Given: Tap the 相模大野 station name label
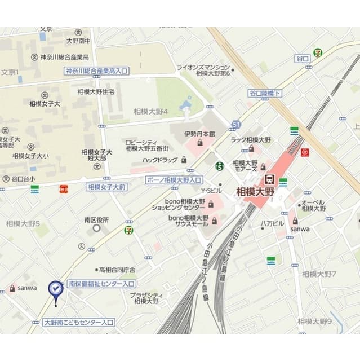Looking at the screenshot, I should (x=255, y=191).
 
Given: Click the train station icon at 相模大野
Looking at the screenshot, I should (x=269, y=178).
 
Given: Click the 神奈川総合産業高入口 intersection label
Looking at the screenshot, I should (x=97, y=71).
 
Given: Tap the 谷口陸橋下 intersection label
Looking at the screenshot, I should (x=265, y=93).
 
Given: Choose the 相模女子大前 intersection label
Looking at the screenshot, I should (x=106, y=187).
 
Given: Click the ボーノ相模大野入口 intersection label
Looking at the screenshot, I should (x=174, y=180).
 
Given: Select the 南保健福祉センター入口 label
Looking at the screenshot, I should (x=101, y=284).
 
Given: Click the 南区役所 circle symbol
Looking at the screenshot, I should (x=97, y=228).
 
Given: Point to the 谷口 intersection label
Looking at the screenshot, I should (x=302, y=59).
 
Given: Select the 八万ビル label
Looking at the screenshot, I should (x=272, y=223).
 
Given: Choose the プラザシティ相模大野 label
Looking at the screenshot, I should (x=146, y=298).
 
